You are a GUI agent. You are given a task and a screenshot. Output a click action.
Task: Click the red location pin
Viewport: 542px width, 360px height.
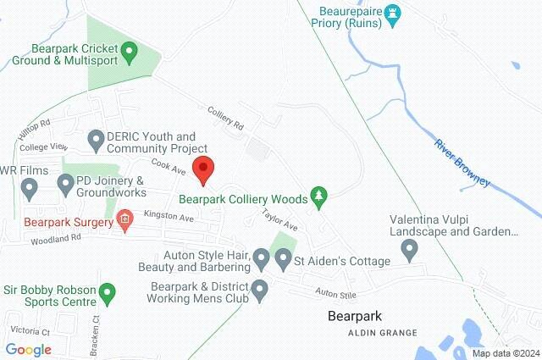pyautogui.click(x=202, y=169)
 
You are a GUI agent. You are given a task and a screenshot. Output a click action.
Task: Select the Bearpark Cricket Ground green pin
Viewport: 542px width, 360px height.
pyautogui.click(x=130, y=53)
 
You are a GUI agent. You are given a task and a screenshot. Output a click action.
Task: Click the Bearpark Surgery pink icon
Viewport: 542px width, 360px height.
pyautogui.click(x=125, y=222)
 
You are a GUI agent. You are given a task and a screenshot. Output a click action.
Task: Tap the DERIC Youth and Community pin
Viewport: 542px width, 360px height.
pyautogui.click(x=96, y=138)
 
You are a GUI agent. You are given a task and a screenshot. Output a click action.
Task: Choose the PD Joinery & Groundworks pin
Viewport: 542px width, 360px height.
pyautogui.click(x=65, y=183)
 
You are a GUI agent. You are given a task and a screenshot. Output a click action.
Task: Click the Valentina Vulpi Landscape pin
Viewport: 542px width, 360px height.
pyautogui.click(x=410, y=250)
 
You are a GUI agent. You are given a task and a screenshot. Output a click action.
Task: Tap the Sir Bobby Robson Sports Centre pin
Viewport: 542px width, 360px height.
pyautogui.click(x=107, y=294)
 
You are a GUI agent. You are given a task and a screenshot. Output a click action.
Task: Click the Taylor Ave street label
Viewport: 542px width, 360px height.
pyautogui.click(x=279, y=220)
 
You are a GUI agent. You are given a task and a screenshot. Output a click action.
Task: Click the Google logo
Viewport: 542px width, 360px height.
pyautogui.click(x=28, y=349)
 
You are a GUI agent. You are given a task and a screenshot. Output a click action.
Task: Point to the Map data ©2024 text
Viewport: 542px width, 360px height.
pyautogui.click(x=506, y=353)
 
